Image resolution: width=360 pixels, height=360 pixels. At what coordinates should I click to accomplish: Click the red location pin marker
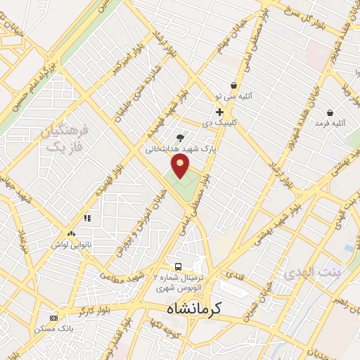pyautogui.click(x=181, y=167)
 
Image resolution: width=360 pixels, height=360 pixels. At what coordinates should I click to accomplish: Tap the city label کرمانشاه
pyautogui.click(x=194, y=308)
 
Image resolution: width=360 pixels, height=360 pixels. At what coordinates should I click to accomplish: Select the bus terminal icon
pyautogui.click(x=179, y=267)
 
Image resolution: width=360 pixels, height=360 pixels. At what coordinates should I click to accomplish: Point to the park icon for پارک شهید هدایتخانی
pyautogui.click(x=179, y=138)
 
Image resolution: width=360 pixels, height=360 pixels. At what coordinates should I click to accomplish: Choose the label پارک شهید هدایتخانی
pyautogui.click(x=180, y=149)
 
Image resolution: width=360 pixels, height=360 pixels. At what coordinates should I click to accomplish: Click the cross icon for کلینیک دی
pyautogui.click(x=220, y=112)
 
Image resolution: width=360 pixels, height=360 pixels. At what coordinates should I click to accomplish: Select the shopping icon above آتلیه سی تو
pyautogui.click(x=233, y=85)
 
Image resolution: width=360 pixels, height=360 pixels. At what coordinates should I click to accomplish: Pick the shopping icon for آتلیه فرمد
pyautogui.click(x=330, y=112)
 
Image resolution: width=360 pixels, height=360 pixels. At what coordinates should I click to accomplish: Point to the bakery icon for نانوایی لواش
pyautogui.click(x=71, y=233)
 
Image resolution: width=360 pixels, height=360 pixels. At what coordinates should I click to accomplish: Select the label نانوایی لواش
pyautogui.click(x=70, y=245)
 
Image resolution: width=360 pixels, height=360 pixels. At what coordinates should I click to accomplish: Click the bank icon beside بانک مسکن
pyautogui.click(x=54, y=318)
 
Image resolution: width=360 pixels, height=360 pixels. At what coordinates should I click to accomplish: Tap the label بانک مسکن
pyautogui.click(x=54, y=328)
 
